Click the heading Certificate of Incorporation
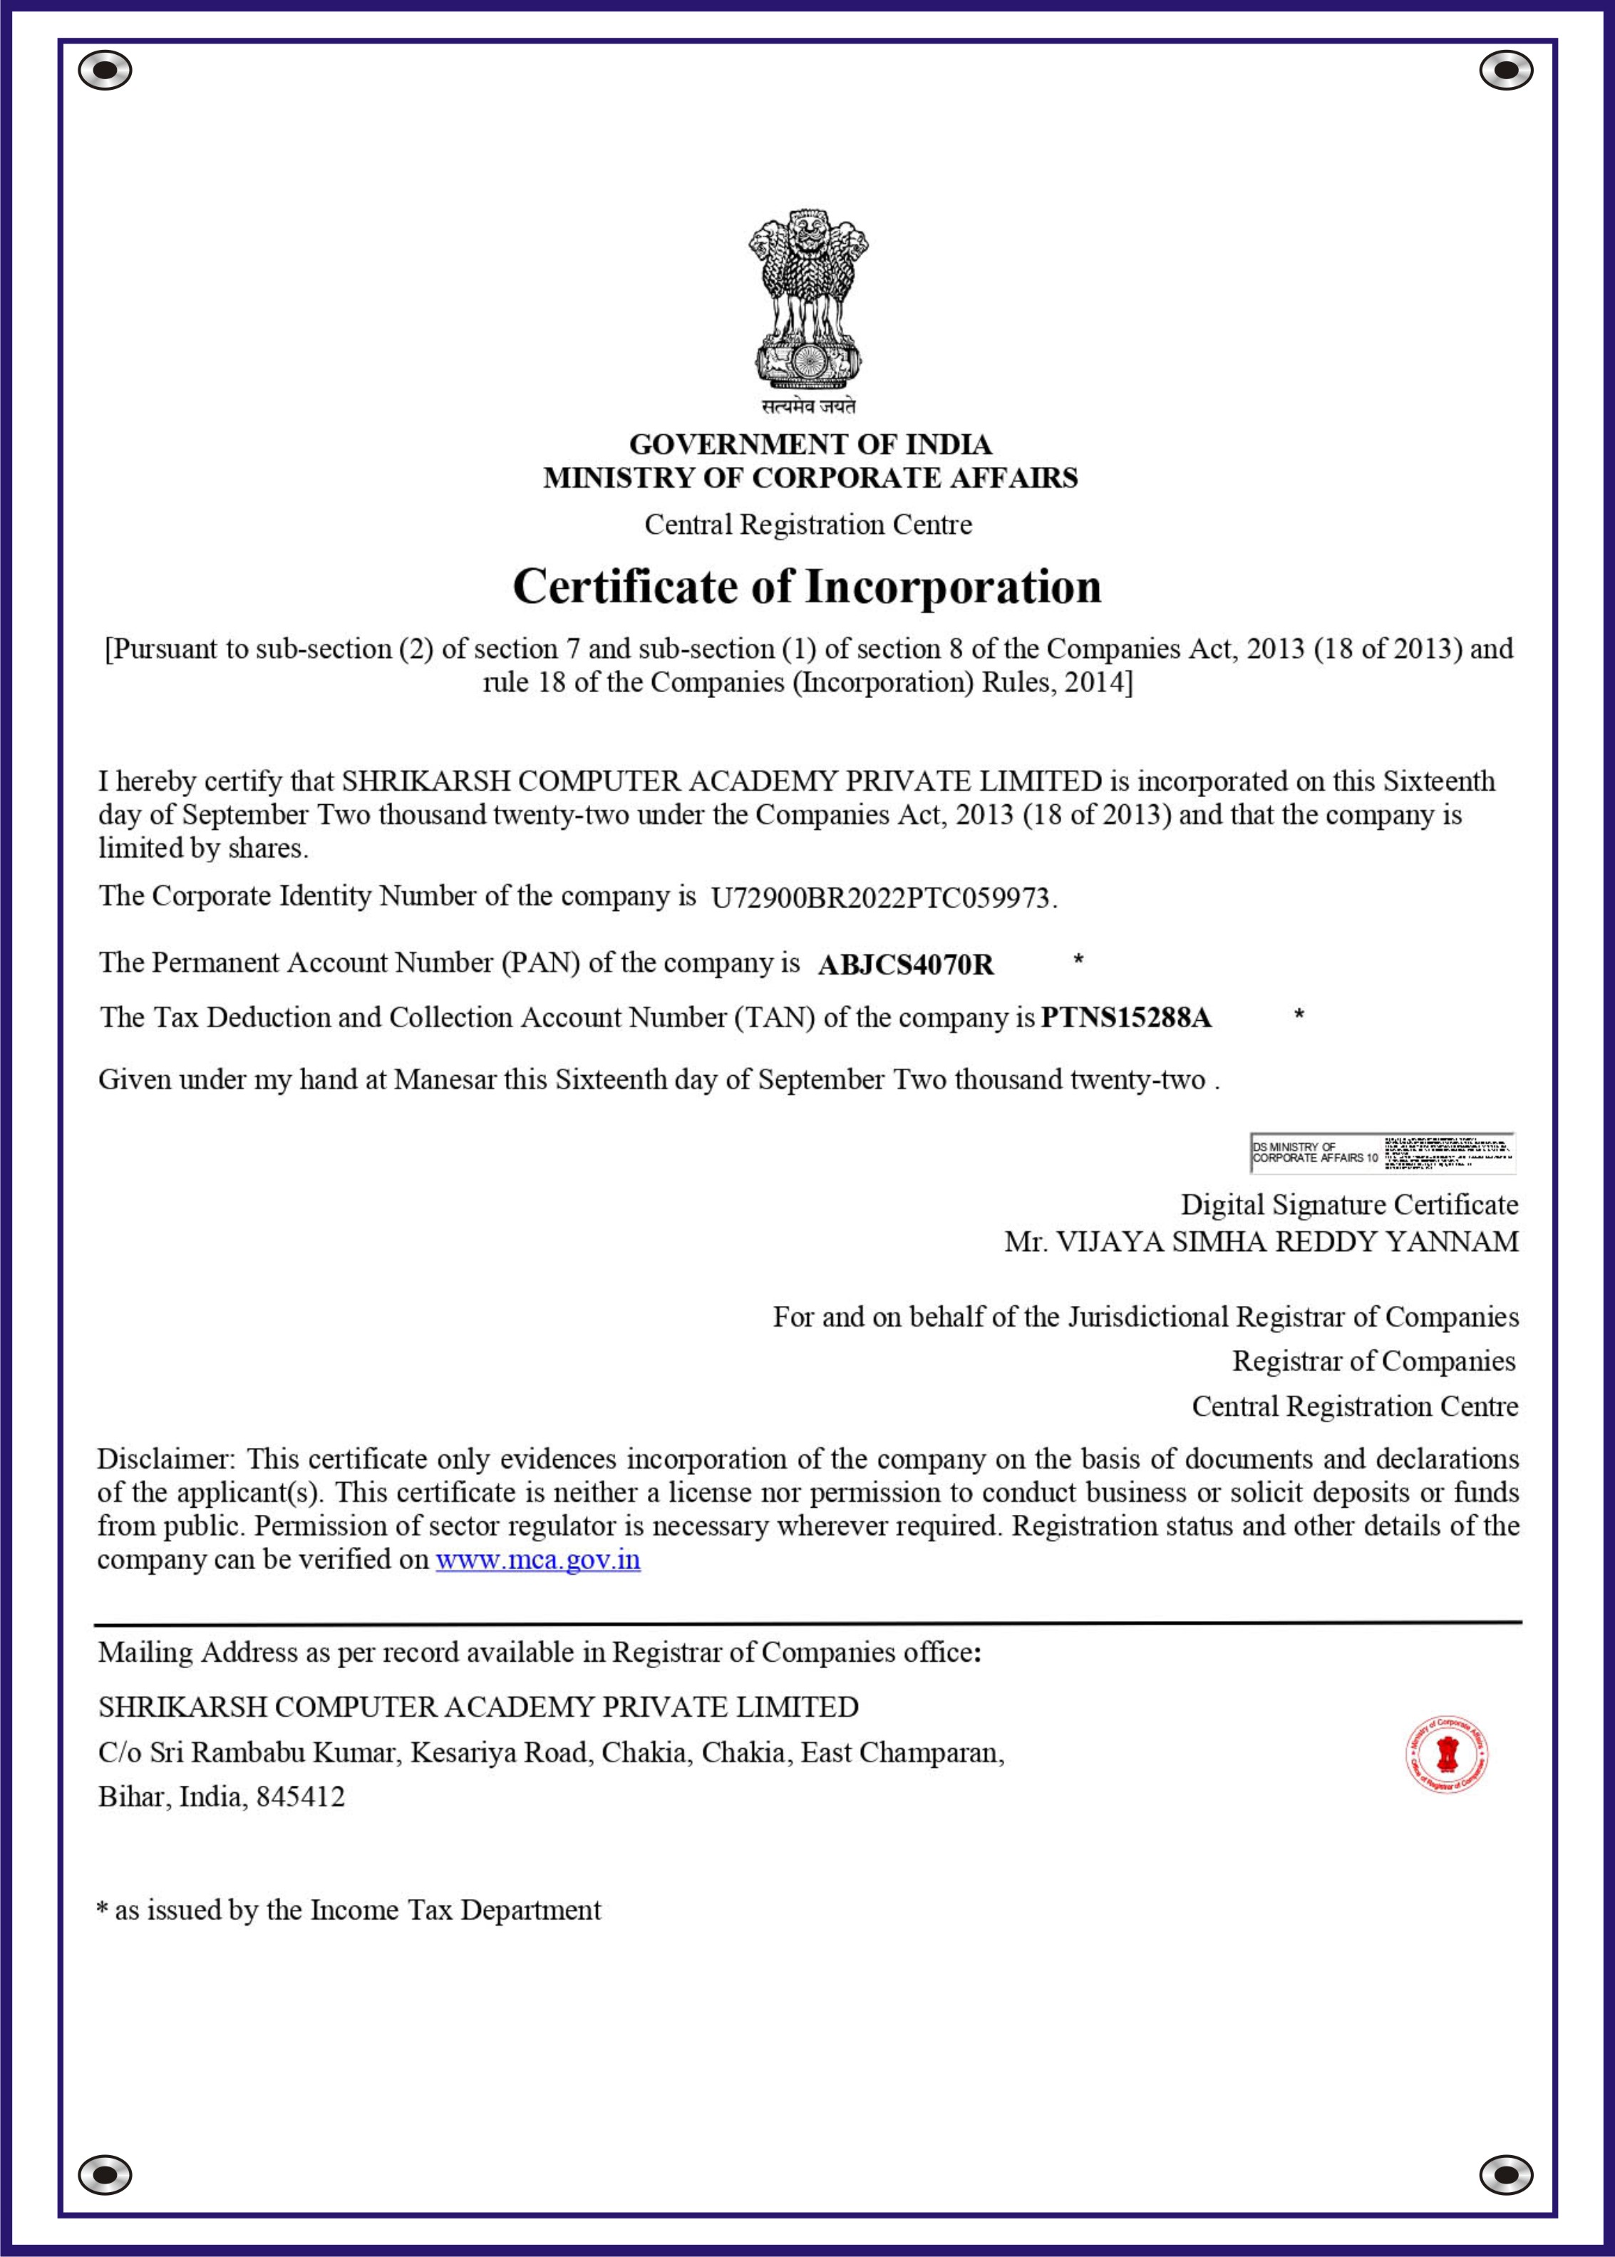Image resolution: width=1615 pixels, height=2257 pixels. coord(807,586)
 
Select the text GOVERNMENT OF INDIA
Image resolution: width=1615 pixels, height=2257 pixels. coord(810,445)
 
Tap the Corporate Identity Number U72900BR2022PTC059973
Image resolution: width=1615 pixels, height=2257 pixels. coord(880,898)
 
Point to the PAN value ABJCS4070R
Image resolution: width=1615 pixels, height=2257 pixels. coord(905,965)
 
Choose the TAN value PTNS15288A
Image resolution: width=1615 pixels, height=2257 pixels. coord(1126,1017)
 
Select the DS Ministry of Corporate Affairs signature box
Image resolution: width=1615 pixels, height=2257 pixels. coord(1382,1152)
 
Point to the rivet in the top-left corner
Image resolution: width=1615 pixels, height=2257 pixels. coord(105,71)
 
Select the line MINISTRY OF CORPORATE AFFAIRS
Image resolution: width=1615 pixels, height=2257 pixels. coord(810,478)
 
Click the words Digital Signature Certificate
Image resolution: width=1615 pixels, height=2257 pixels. coord(1349,1205)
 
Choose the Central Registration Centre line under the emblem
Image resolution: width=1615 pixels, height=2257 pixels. coord(807,524)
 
